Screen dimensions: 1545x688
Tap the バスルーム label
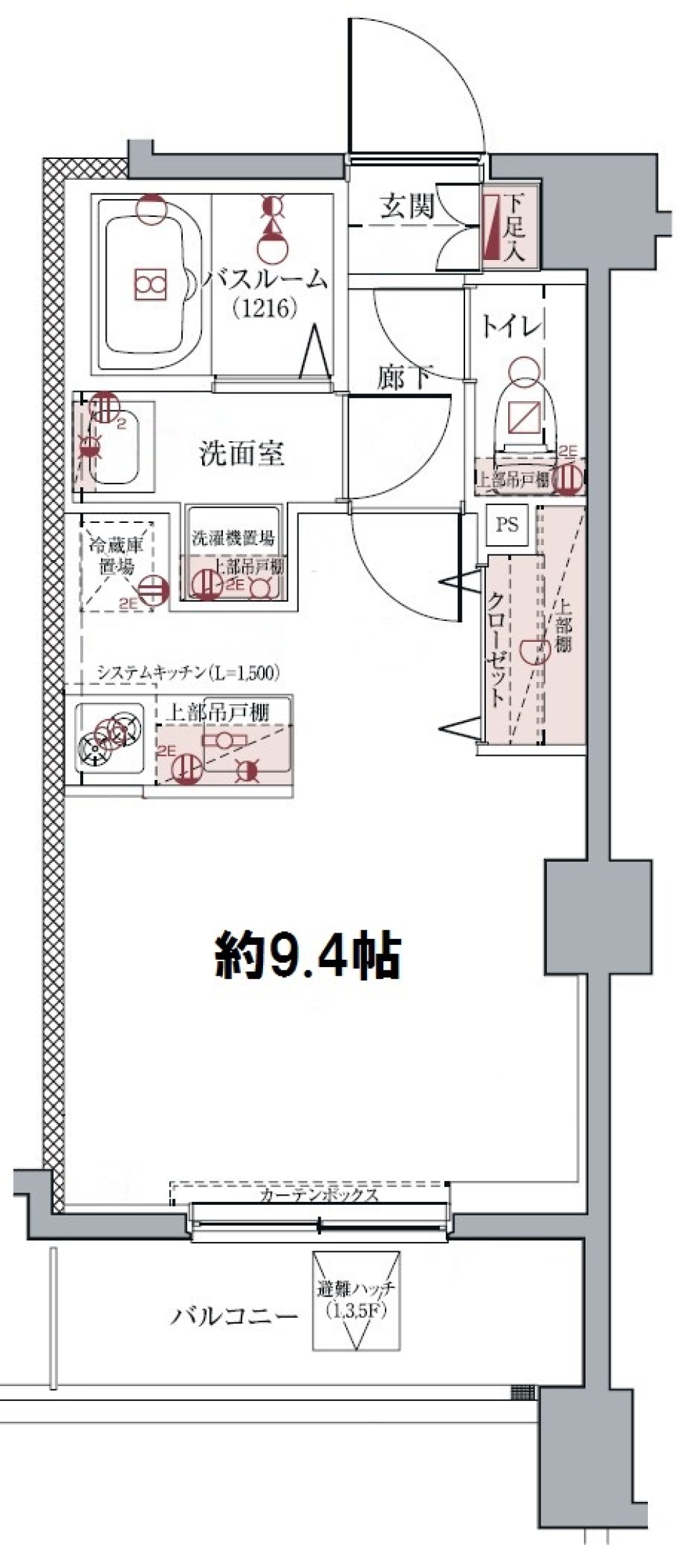pos(264,280)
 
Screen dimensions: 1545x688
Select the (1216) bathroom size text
pos(264,309)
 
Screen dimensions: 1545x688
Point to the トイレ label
pos(510,328)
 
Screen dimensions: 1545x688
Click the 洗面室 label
pos(242,453)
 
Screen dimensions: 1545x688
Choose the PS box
pos(507,524)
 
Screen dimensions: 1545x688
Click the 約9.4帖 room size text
pos(307,956)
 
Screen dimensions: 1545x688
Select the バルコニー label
pos(234,1317)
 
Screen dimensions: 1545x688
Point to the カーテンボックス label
pos(318,1195)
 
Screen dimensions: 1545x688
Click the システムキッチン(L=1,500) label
pos(188,673)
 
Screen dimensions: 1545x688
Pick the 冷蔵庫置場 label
pos(116,555)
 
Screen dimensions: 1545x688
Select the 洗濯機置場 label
pos(233,539)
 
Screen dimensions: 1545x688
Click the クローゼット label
pos(495,650)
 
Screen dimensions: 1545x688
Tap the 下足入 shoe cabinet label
pos(513,228)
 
